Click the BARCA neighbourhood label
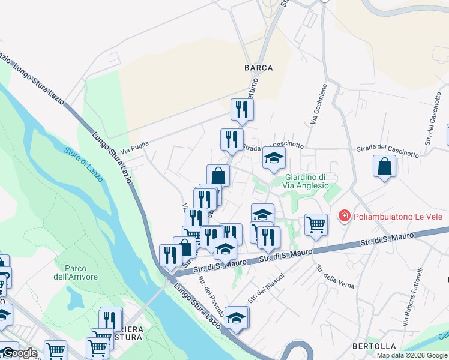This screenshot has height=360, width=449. coord(258,68)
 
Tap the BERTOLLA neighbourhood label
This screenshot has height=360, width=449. coord(373,346)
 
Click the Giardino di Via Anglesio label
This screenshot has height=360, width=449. coord(306,181)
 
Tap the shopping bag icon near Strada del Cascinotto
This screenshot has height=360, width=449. coord(384,166)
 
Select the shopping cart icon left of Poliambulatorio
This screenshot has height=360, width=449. coord(316,225)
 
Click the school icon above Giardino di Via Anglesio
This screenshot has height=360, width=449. coord(273,158)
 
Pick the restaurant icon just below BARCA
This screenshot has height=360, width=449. coord(242,109)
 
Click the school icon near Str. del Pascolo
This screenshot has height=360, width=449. coord(237,317)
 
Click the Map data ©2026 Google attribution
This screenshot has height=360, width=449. coord(412,355)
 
